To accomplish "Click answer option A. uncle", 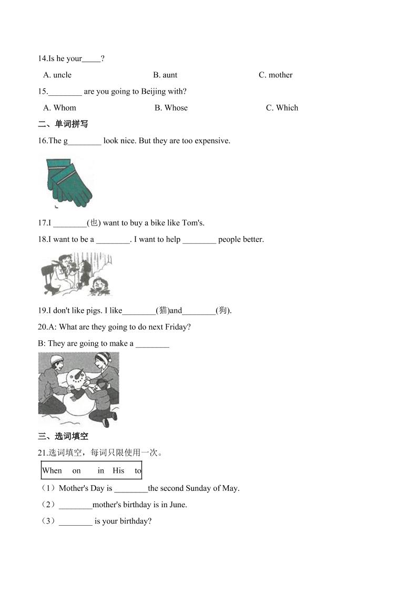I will (x=57, y=75).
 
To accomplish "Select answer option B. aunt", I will (x=165, y=75).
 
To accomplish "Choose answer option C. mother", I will (x=275, y=75).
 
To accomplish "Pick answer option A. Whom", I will (x=59, y=107).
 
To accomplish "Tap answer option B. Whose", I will (x=171, y=107).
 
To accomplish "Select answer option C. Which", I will (x=282, y=107).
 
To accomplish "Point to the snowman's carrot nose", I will (x=80, y=376).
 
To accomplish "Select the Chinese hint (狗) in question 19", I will (x=223, y=310).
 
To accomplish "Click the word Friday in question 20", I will (x=176, y=327).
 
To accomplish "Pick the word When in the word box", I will (x=52, y=470).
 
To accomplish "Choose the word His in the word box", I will (x=118, y=470).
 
